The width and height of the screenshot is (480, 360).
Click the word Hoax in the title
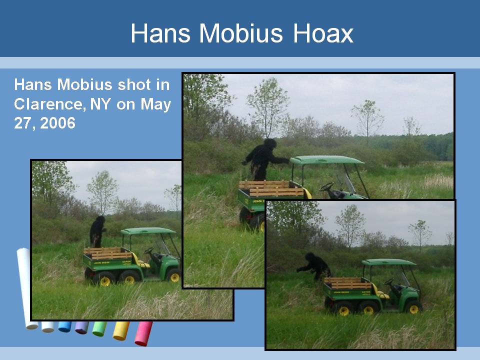[x=323, y=33]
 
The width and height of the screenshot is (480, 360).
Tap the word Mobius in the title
[x=241, y=33]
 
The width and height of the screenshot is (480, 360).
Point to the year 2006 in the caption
[x=57, y=123]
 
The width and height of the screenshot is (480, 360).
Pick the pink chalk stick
[x=143, y=333]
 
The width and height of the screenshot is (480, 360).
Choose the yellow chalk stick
[x=121, y=330]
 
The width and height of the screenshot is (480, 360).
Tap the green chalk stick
[x=100, y=329]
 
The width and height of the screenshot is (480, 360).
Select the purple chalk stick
[x=81, y=327]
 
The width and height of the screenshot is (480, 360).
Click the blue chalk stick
[x=64, y=326]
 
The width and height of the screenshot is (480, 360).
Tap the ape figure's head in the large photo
[x=270, y=143]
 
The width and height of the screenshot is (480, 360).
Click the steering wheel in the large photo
[x=326, y=186]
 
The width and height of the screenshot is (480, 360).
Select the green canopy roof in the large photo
[x=326, y=160]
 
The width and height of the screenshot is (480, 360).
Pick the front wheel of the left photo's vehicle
[x=174, y=276]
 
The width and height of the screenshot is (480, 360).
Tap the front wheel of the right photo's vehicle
[x=414, y=308]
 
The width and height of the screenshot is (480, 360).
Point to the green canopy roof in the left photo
[x=148, y=231]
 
